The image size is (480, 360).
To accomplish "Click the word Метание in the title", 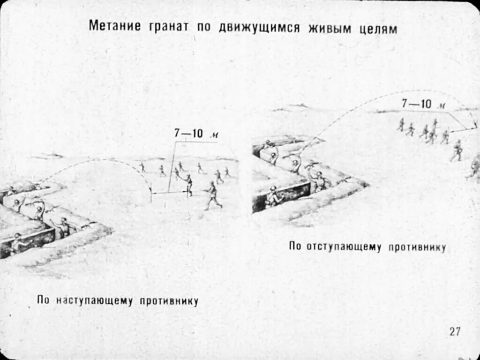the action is tap(114, 27).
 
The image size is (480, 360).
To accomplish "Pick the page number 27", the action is tap(455, 331).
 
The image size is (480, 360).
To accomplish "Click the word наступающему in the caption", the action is tap(95, 300).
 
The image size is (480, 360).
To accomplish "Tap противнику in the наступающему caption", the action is tap(169, 301).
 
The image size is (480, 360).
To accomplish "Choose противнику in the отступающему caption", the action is tap(417, 247).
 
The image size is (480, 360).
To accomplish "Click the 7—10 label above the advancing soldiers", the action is tap(188, 133).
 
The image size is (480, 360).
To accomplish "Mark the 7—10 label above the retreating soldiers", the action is tap(416, 104).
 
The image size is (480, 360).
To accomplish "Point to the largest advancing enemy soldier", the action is tap(212, 195).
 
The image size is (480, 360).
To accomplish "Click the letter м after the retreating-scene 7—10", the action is tap(442, 106).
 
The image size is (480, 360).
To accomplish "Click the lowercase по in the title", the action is tap(203, 27).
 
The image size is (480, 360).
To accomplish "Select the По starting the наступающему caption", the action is tap(43, 300).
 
